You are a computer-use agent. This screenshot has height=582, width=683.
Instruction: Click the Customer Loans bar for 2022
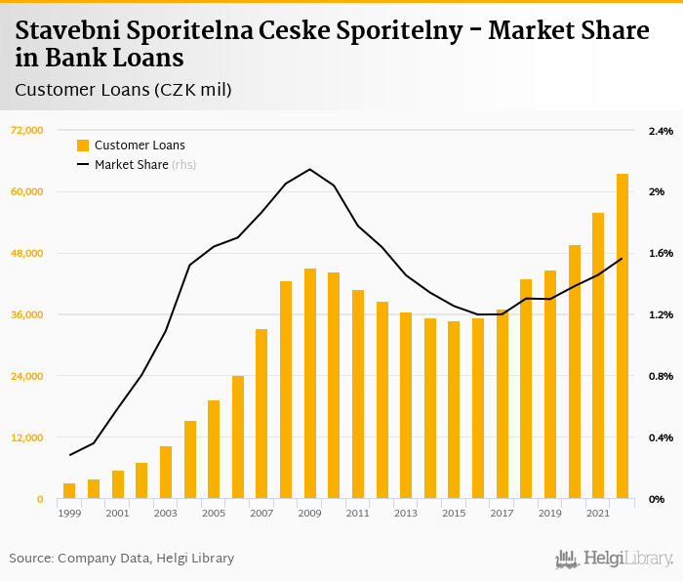(622, 336)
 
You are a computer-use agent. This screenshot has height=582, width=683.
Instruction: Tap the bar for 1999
(69, 491)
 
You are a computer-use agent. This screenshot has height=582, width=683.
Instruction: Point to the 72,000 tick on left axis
(27, 131)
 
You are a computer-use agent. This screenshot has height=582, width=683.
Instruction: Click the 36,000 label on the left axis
(27, 314)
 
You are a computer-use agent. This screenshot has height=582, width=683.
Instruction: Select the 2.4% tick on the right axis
(661, 131)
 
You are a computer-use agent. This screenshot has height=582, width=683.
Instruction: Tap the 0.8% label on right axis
(661, 376)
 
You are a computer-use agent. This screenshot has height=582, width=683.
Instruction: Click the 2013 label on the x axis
(405, 514)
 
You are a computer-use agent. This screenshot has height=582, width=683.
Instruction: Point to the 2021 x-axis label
(597, 514)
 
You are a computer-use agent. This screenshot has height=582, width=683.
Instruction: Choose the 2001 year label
(117, 514)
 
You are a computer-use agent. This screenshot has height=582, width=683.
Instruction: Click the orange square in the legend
(83, 145)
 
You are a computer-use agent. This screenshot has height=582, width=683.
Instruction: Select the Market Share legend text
(131, 165)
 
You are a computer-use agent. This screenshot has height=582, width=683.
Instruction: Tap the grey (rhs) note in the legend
(184, 165)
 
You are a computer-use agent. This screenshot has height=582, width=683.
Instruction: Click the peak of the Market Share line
(309, 169)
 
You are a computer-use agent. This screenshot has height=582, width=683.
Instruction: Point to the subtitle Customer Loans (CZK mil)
(123, 90)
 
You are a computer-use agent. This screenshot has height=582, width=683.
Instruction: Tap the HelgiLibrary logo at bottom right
(615, 559)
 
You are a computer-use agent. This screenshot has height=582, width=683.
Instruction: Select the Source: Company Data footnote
(122, 559)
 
